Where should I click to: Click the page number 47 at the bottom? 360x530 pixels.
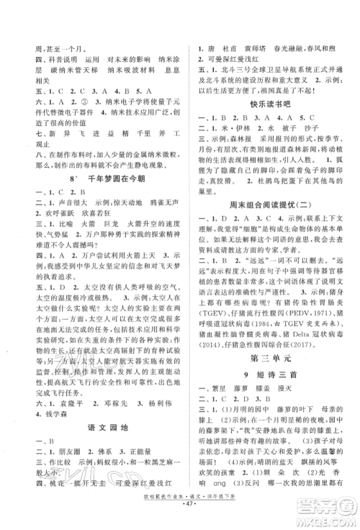click(x=181, y=518)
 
